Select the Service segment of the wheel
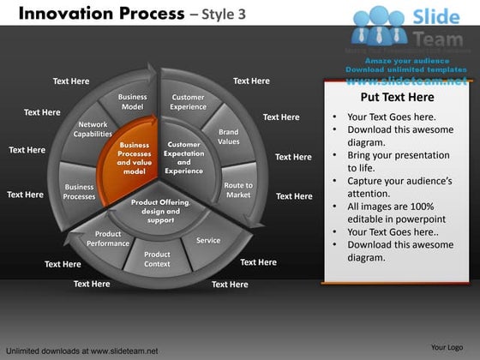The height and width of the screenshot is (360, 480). pyautogui.click(x=207, y=241)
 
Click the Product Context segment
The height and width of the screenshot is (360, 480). pyautogui.click(x=157, y=258)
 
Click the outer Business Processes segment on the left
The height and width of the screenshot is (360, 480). pyautogui.click(x=80, y=191)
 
